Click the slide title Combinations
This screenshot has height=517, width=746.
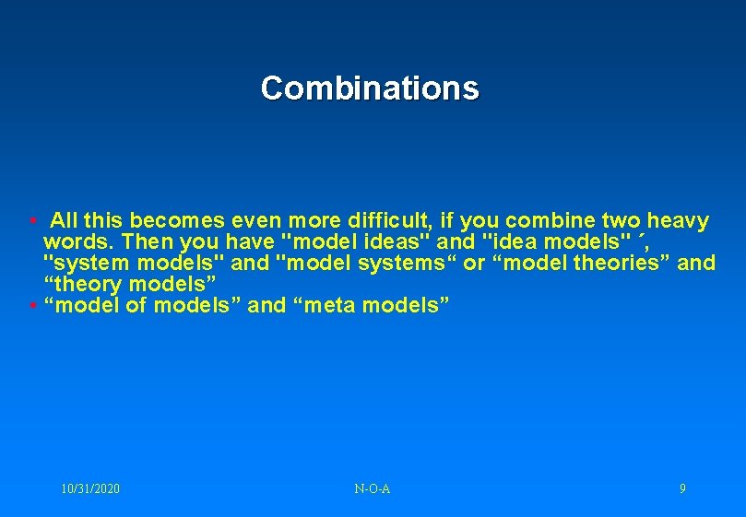tap(370, 88)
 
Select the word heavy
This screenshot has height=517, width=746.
tap(678, 221)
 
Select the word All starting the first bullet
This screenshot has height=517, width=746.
tap(65, 221)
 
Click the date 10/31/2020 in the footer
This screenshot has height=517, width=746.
tap(89, 488)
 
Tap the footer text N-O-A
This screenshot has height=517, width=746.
tap(372, 488)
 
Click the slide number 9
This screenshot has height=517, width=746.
tap(682, 488)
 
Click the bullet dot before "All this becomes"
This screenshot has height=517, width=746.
tap(32, 222)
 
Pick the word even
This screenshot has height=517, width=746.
tap(256, 221)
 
